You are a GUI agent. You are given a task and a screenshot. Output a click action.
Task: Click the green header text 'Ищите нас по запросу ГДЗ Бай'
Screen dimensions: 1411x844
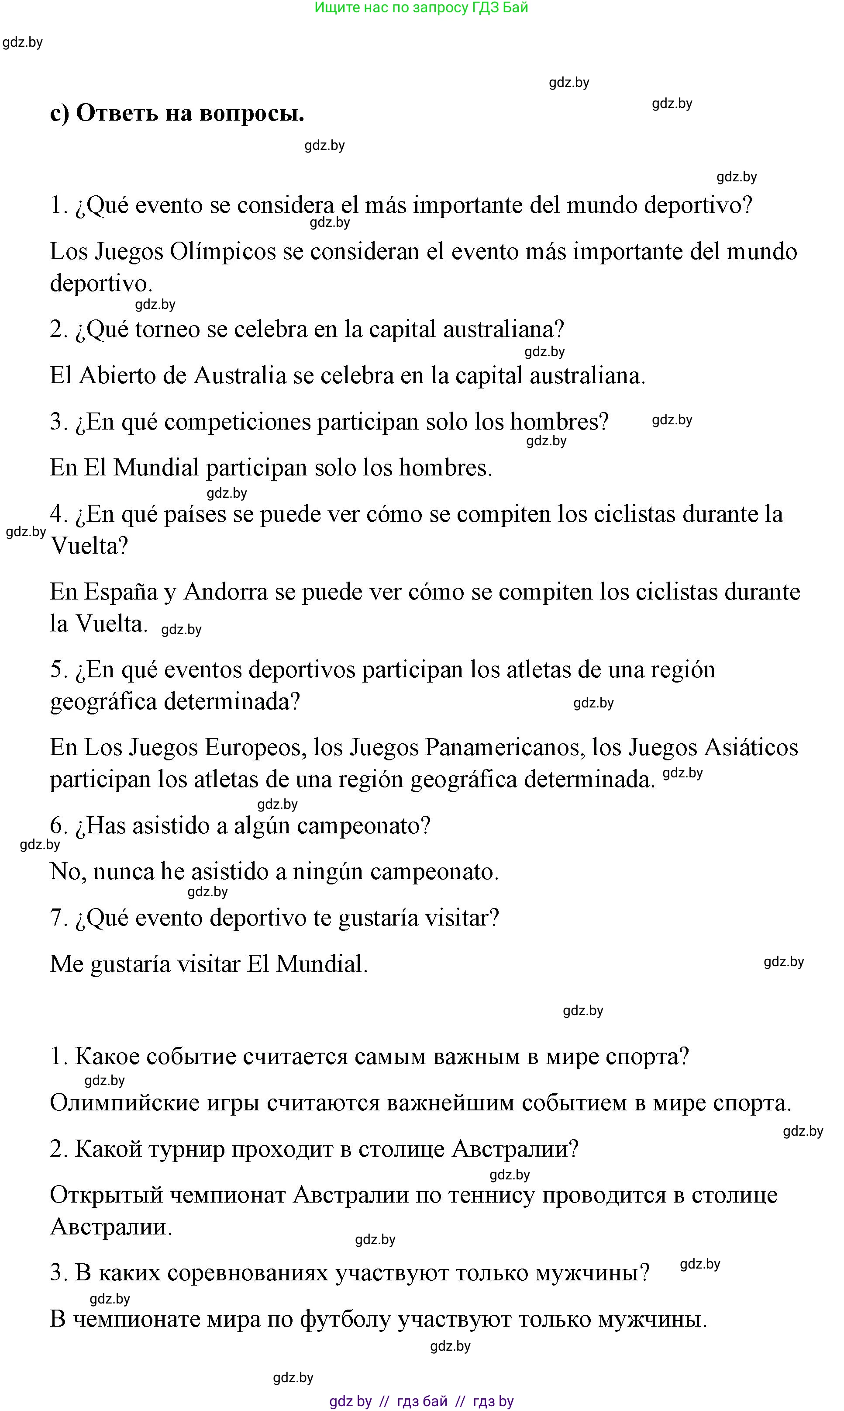421,8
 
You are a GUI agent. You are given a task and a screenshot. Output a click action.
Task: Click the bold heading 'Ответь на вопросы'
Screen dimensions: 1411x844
190,113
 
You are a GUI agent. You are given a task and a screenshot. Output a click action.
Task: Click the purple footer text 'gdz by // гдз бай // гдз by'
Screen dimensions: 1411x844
421,1401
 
